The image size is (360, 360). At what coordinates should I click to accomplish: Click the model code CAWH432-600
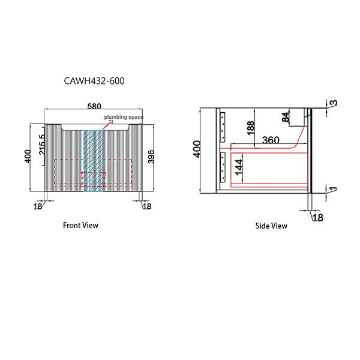(94, 80)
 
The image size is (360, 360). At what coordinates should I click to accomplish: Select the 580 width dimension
(94, 107)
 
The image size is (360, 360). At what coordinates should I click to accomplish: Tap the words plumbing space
(124, 118)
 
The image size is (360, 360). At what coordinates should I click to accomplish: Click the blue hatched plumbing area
(94, 159)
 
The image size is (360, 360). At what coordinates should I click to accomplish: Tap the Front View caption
(80, 226)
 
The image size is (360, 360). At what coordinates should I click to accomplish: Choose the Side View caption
(271, 226)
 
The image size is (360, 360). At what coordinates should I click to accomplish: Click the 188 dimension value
(251, 128)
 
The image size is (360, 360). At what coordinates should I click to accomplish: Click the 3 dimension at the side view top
(334, 103)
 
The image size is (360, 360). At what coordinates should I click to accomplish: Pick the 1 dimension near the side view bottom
(333, 191)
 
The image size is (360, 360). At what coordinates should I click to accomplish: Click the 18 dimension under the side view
(317, 217)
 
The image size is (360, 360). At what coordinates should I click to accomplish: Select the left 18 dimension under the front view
(38, 206)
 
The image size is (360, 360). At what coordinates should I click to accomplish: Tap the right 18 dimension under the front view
(146, 206)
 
